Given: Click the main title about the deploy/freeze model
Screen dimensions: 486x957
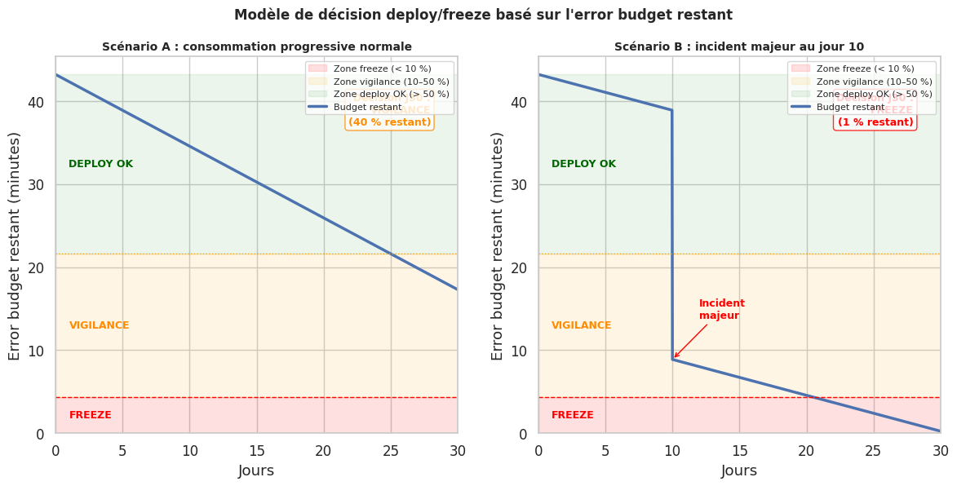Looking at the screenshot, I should tap(483, 15).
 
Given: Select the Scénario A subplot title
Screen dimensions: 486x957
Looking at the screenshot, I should tap(256, 47).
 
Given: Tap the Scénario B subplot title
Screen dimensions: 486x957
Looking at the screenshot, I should tap(738, 47).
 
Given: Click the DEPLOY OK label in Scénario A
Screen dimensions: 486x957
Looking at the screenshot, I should tap(100, 164).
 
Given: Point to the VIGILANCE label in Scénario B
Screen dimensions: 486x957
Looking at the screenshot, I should tap(581, 325).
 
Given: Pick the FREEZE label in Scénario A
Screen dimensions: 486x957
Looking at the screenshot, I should tap(90, 415).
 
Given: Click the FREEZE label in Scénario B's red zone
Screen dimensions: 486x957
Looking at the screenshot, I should tap(572, 415).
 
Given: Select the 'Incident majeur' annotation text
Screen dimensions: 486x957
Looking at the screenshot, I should tap(721, 309).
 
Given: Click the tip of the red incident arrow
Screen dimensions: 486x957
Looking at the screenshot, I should tap(674, 357).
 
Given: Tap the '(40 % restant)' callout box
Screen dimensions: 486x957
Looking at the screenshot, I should tap(389, 121).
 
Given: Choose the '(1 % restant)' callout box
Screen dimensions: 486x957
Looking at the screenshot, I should tap(875, 121).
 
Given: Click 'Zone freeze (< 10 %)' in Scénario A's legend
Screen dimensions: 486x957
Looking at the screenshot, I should tap(382, 68).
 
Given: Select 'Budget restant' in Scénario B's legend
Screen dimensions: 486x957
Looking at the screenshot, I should tap(850, 107).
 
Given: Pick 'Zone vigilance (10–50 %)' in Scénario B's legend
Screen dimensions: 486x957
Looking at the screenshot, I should tap(874, 82).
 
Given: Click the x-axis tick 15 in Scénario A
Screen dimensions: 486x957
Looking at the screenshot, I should tap(257, 450).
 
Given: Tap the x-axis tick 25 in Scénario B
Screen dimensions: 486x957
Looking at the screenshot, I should tap(874, 450).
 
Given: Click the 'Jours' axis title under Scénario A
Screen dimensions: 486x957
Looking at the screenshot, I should tap(256, 471).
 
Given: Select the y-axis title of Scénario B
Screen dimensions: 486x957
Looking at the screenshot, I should tap(498, 245).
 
